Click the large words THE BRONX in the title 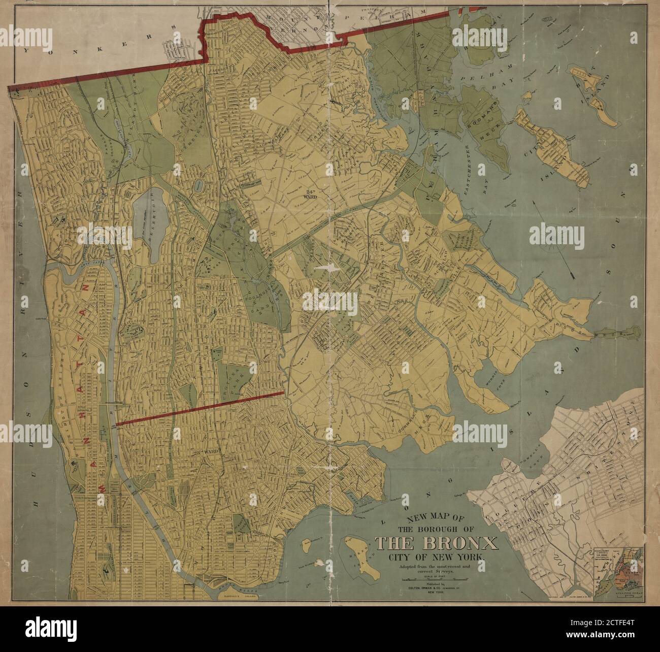tap(436, 543)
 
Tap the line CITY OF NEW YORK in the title tap(436, 557)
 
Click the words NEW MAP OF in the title tap(409, 517)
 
